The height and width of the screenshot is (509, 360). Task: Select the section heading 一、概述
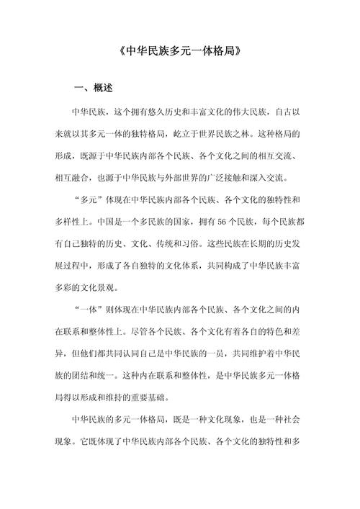point(94,89)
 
